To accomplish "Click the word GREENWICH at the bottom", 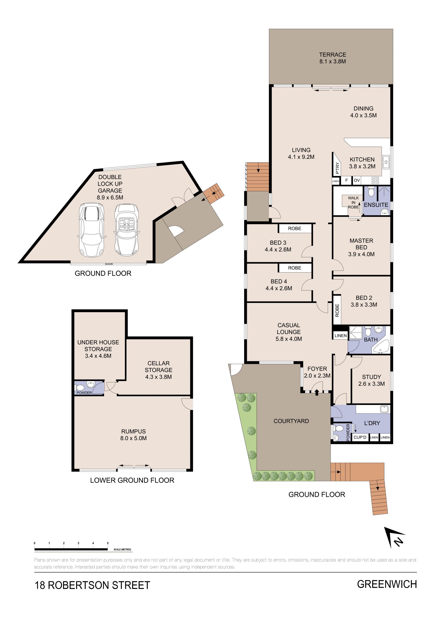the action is (387, 584).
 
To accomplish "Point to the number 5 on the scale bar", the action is (108, 543).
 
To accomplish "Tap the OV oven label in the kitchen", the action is (356, 180).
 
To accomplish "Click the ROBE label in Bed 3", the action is (295, 228).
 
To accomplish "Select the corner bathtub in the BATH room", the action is (382, 347).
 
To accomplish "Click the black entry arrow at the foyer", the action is (317, 392).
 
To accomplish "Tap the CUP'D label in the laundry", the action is (360, 437).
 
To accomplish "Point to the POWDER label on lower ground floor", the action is (84, 393).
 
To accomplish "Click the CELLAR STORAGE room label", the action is (159, 366).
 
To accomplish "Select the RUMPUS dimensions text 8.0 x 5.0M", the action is (133, 438).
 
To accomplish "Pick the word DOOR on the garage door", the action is (109, 264).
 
